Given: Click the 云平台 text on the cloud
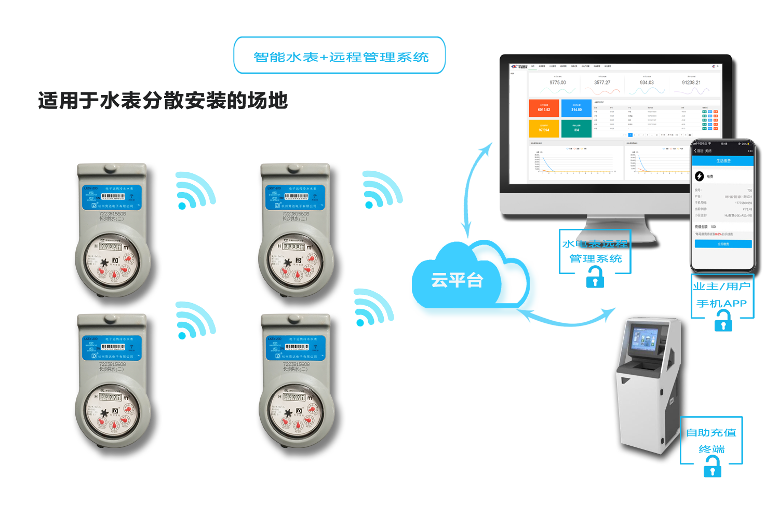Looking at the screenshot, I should [457, 280].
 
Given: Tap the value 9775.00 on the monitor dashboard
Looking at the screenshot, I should [558, 83].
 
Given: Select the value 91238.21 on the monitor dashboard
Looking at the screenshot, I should [691, 83].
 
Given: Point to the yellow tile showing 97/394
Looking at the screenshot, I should [544, 129].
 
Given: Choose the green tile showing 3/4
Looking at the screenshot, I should [576, 129].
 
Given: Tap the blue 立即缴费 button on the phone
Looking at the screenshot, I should [723, 244].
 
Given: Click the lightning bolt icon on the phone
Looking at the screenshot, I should [700, 176].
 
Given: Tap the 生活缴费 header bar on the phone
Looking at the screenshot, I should [723, 161].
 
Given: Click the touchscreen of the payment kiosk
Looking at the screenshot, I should [644, 342].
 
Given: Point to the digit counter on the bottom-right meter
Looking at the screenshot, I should [294, 397].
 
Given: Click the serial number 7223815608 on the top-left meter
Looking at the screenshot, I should [112, 213].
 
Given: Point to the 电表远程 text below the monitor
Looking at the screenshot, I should [602, 243].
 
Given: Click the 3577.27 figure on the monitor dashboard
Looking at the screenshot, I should [602, 83].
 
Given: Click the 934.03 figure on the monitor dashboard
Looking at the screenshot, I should [647, 83].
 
